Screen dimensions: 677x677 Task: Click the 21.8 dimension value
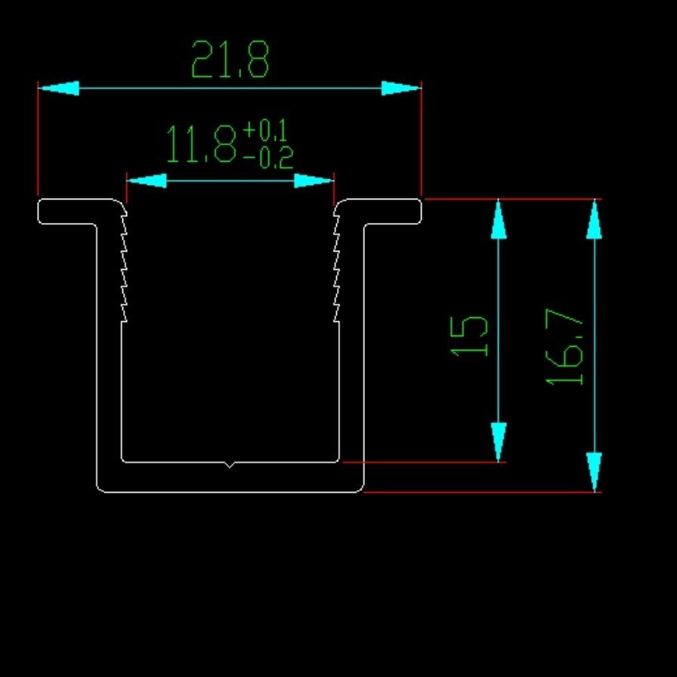(x=230, y=59)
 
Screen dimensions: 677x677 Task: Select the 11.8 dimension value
(x=202, y=144)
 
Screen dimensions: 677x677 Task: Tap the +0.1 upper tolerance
(x=265, y=131)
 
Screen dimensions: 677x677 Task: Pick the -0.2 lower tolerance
(x=268, y=158)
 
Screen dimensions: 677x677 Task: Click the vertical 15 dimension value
(x=469, y=336)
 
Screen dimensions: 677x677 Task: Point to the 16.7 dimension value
(x=564, y=347)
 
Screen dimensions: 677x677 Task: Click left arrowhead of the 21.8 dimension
(x=59, y=88)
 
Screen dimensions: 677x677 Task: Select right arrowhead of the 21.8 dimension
(x=401, y=88)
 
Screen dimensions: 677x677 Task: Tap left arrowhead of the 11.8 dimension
(x=147, y=181)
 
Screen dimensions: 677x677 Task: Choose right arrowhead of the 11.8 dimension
(x=314, y=181)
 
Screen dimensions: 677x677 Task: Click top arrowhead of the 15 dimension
(x=499, y=219)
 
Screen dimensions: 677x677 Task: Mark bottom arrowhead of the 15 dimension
(x=499, y=442)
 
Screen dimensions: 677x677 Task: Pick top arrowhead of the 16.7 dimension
(x=595, y=219)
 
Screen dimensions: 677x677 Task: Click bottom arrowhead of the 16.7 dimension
(x=595, y=472)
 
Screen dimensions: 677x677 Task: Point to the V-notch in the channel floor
(x=229, y=465)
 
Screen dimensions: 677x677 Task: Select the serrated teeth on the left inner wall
(x=124, y=267)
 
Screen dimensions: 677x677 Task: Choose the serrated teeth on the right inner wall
(x=336, y=267)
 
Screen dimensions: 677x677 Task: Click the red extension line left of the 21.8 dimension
(x=38, y=138)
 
